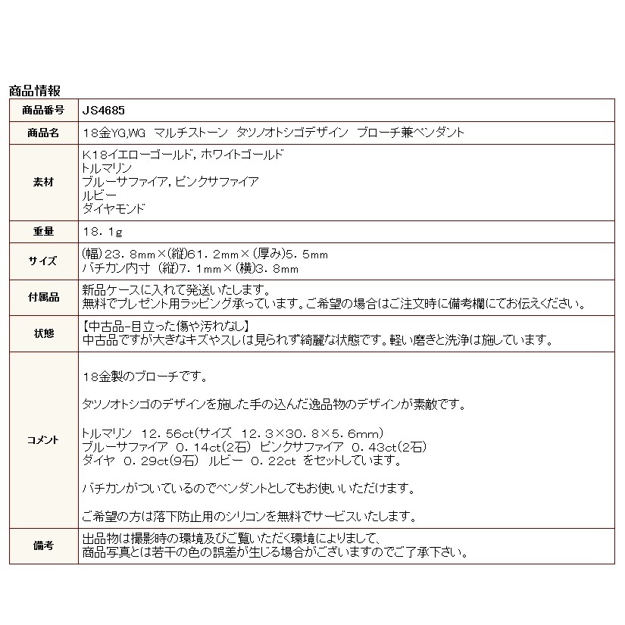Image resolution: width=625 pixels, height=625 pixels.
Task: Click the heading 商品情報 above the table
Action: (35, 92)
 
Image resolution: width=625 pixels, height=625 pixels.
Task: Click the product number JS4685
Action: (100, 109)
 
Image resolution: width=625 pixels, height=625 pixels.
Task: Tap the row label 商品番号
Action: (44, 109)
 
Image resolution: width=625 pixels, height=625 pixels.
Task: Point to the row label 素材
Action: (44, 182)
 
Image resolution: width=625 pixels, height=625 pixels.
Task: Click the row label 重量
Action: (44, 231)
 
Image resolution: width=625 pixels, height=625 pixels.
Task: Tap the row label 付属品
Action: (44, 297)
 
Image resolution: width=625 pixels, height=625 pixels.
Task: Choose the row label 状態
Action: (44, 333)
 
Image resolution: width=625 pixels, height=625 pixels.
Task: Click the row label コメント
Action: (44, 440)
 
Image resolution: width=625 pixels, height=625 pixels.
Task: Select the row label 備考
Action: (44, 545)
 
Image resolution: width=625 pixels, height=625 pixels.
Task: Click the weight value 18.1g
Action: (102, 231)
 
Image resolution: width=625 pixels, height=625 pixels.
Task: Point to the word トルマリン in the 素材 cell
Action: (106, 167)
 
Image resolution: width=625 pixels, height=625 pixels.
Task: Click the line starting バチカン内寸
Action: (189, 268)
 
